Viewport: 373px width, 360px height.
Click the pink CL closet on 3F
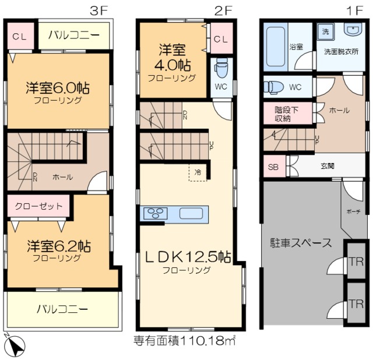[19, 37]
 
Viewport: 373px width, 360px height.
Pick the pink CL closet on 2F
[220, 38]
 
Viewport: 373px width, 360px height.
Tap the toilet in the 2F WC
[221, 69]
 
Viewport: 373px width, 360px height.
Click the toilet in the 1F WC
[273, 87]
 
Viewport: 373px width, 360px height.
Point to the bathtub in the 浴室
[275, 47]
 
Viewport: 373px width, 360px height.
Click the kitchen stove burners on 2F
[156, 213]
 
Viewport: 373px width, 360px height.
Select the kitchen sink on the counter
[191, 213]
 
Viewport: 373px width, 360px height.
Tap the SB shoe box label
[273, 166]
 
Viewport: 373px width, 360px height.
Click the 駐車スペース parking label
[301, 243]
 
